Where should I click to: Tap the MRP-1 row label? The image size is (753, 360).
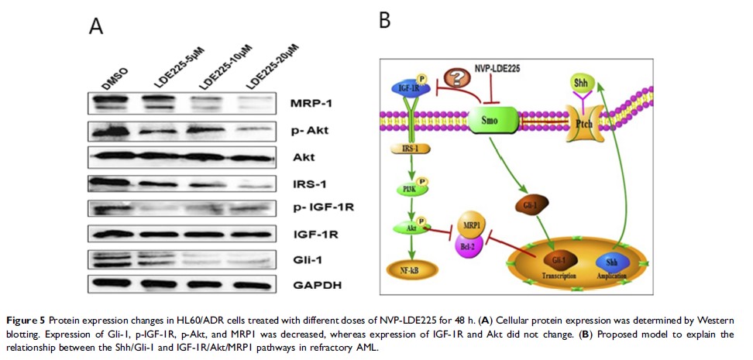click(x=311, y=104)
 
